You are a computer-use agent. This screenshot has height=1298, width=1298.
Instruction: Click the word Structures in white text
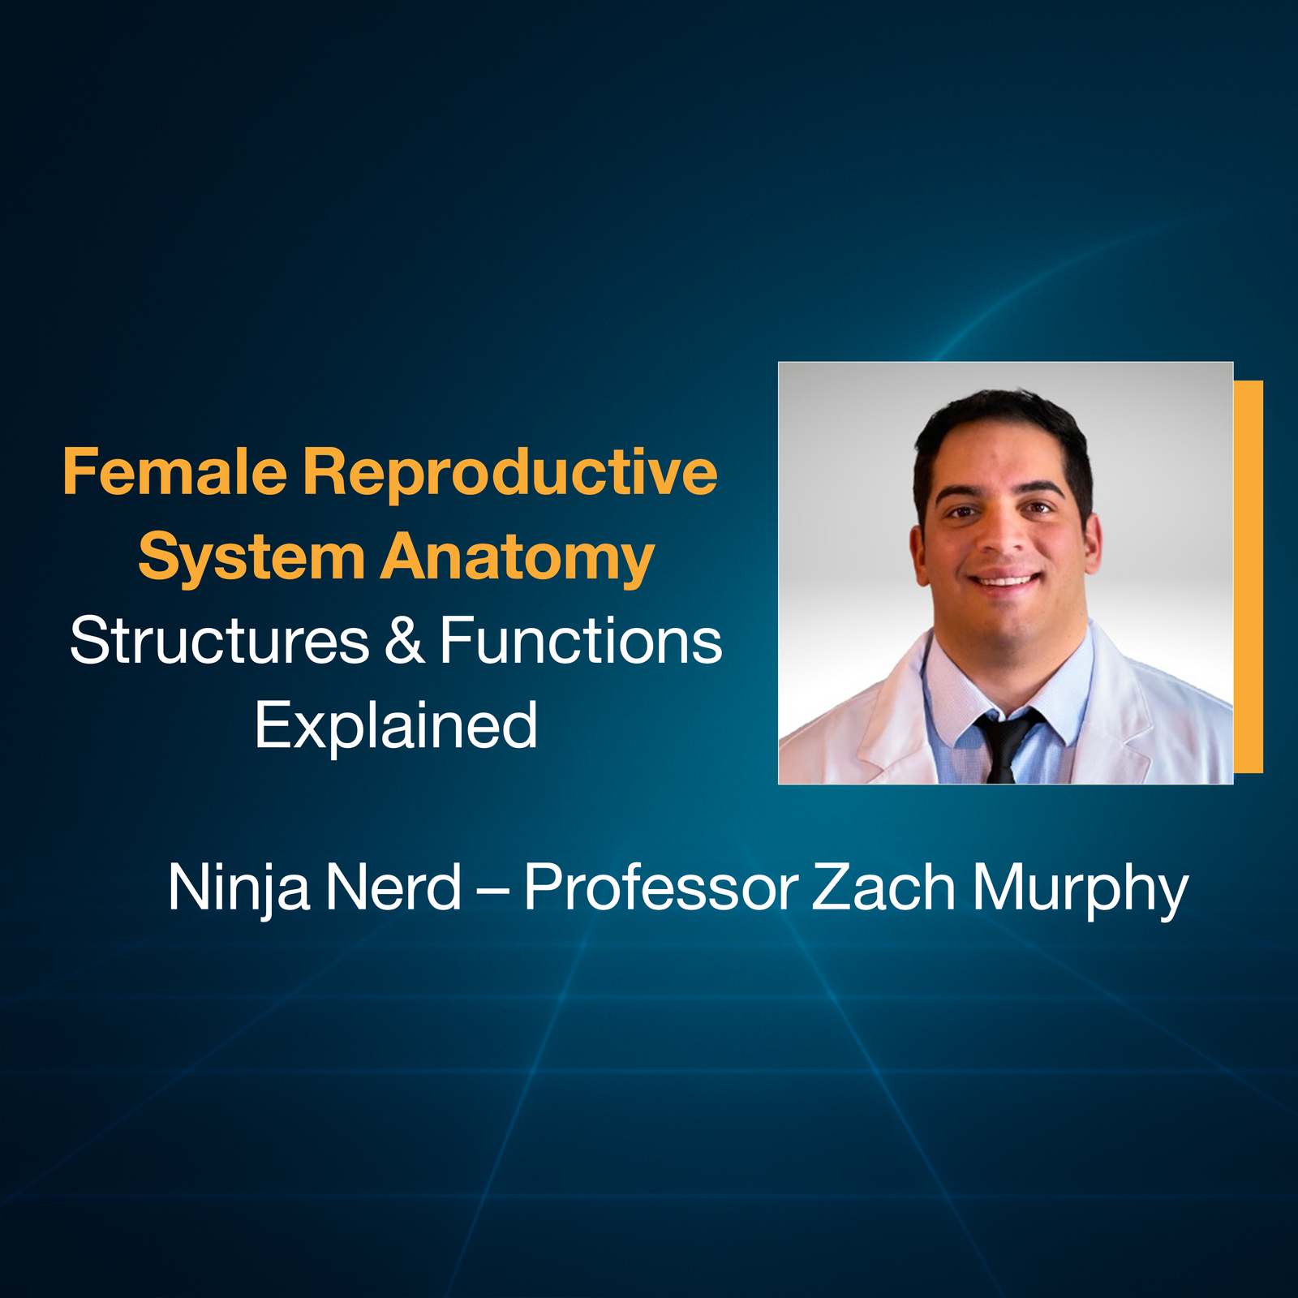(x=219, y=641)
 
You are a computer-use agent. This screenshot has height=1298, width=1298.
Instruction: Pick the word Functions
(x=580, y=641)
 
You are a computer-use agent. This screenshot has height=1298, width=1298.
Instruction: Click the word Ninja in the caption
(x=239, y=888)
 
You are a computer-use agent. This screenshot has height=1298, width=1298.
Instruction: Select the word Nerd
(x=394, y=888)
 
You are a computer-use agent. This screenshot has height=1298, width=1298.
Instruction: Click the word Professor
(x=660, y=888)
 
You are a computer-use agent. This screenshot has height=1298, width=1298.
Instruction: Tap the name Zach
(x=883, y=888)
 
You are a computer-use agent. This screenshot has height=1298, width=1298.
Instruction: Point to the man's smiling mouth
(x=1006, y=579)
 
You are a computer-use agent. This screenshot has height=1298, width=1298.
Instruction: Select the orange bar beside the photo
(x=1249, y=576)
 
